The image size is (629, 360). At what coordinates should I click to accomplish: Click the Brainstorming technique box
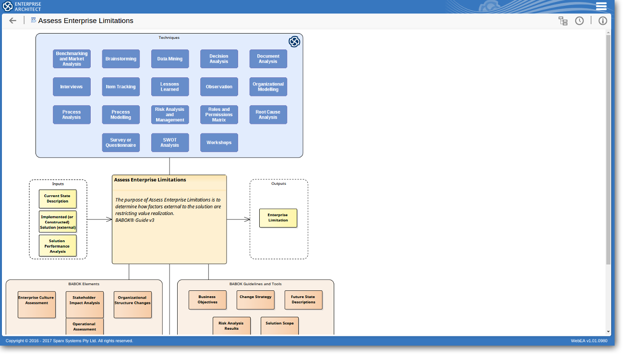click(x=121, y=59)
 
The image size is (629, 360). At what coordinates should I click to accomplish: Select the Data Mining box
click(x=170, y=59)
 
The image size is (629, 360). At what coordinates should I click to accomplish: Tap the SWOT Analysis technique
click(x=170, y=143)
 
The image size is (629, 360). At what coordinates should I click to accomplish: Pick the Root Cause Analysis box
click(x=268, y=115)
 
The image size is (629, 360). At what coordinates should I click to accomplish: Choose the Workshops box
click(x=219, y=143)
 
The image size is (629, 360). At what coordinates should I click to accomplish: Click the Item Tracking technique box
click(x=121, y=87)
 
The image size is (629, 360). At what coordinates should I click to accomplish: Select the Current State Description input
click(x=58, y=199)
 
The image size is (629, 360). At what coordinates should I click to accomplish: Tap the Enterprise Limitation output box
click(x=278, y=218)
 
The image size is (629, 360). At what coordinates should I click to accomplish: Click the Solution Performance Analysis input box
click(x=58, y=246)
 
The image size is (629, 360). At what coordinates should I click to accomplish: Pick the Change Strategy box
click(x=255, y=300)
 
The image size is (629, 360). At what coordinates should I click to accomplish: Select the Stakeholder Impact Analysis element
click(x=85, y=305)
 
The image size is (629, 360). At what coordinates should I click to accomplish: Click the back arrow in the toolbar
click(x=12, y=21)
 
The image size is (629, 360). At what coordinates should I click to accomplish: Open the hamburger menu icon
click(x=601, y=6)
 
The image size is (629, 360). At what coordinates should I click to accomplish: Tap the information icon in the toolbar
click(x=603, y=21)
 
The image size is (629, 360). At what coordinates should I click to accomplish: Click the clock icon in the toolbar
click(x=579, y=21)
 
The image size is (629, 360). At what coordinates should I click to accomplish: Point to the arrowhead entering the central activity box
click(x=109, y=219)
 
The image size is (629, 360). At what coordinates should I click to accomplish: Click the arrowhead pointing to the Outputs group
click(x=247, y=219)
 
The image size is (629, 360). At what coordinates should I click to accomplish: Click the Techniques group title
click(x=169, y=37)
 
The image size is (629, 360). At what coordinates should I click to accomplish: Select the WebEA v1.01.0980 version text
click(x=589, y=341)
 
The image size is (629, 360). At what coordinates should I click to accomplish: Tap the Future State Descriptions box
click(x=303, y=300)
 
